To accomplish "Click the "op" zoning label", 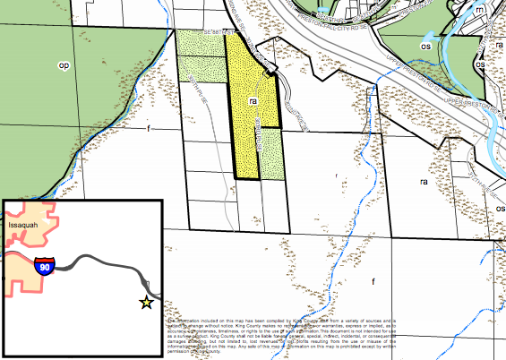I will (64, 64).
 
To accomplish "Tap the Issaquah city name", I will (24, 225).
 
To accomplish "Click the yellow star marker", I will (146, 302).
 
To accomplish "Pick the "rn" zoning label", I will (480, 8).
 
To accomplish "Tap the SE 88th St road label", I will (218, 31).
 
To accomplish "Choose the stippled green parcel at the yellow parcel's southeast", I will (273, 152).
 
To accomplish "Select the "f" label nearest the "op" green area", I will (149, 129).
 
